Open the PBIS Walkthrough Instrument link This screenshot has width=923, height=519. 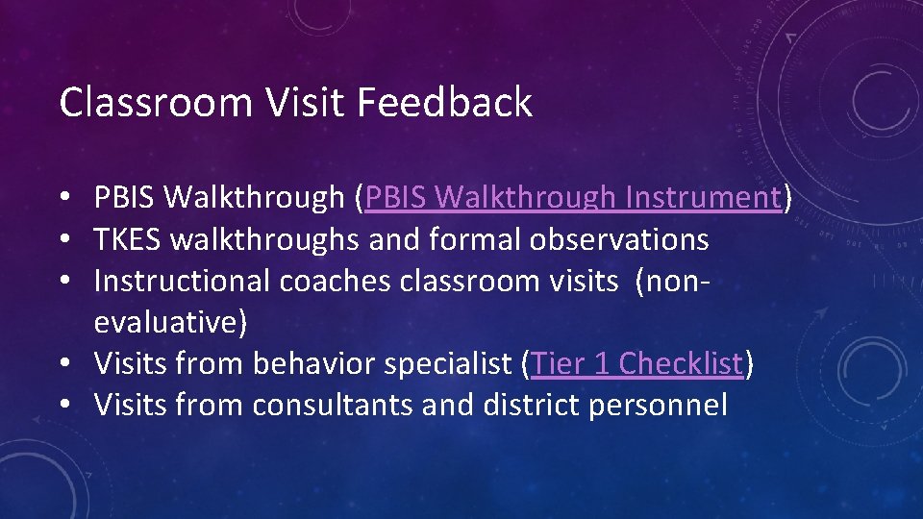tap(572, 198)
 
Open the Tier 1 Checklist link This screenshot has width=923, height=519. tap(636, 363)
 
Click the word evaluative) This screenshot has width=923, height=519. tap(170, 322)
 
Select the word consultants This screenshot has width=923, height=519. tap(333, 405)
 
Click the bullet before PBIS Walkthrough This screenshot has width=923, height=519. tap(63, 199)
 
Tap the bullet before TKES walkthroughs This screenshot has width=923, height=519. tap(63, 240)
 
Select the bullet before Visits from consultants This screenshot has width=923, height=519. tap(63, 406)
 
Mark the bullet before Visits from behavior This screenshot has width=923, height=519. tap(63, 364)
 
